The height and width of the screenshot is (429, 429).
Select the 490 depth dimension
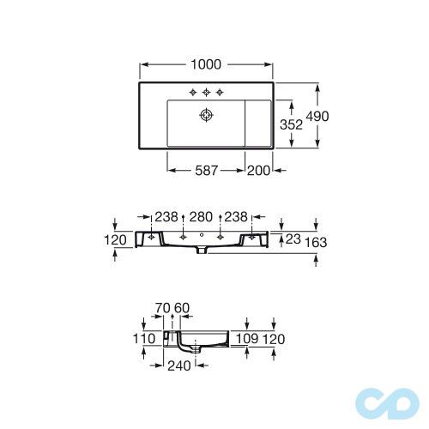pos(334,117)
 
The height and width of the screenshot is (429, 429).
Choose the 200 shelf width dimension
pos(257,170)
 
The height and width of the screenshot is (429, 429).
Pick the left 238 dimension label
pos(167,218)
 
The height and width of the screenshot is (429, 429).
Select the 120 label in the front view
pos(115,241)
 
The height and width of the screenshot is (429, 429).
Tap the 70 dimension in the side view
pos(163,308)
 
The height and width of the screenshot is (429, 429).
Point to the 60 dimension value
pos(182,308)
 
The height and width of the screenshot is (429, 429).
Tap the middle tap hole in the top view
pos(206,92)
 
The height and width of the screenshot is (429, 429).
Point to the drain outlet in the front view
pos(201,251)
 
